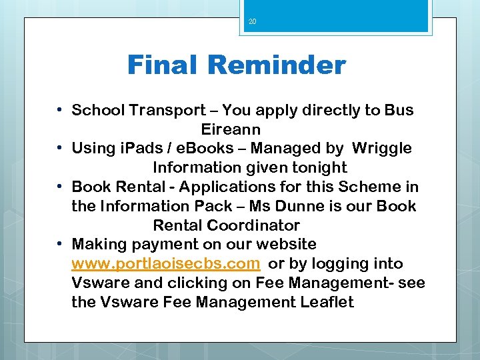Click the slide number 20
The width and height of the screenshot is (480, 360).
(x=252, y=22)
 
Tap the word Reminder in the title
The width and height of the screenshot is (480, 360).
(x=276, y=65)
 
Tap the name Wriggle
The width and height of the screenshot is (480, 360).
(x=382, y=148)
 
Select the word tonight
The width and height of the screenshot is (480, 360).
(x=317, y=167)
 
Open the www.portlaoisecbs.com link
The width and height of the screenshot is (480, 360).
(x=165, y=264)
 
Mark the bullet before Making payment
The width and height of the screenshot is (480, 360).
(x=60, y=244)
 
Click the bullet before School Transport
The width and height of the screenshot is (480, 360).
(x=60, y=109)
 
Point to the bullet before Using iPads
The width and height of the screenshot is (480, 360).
(x=60, y=147)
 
